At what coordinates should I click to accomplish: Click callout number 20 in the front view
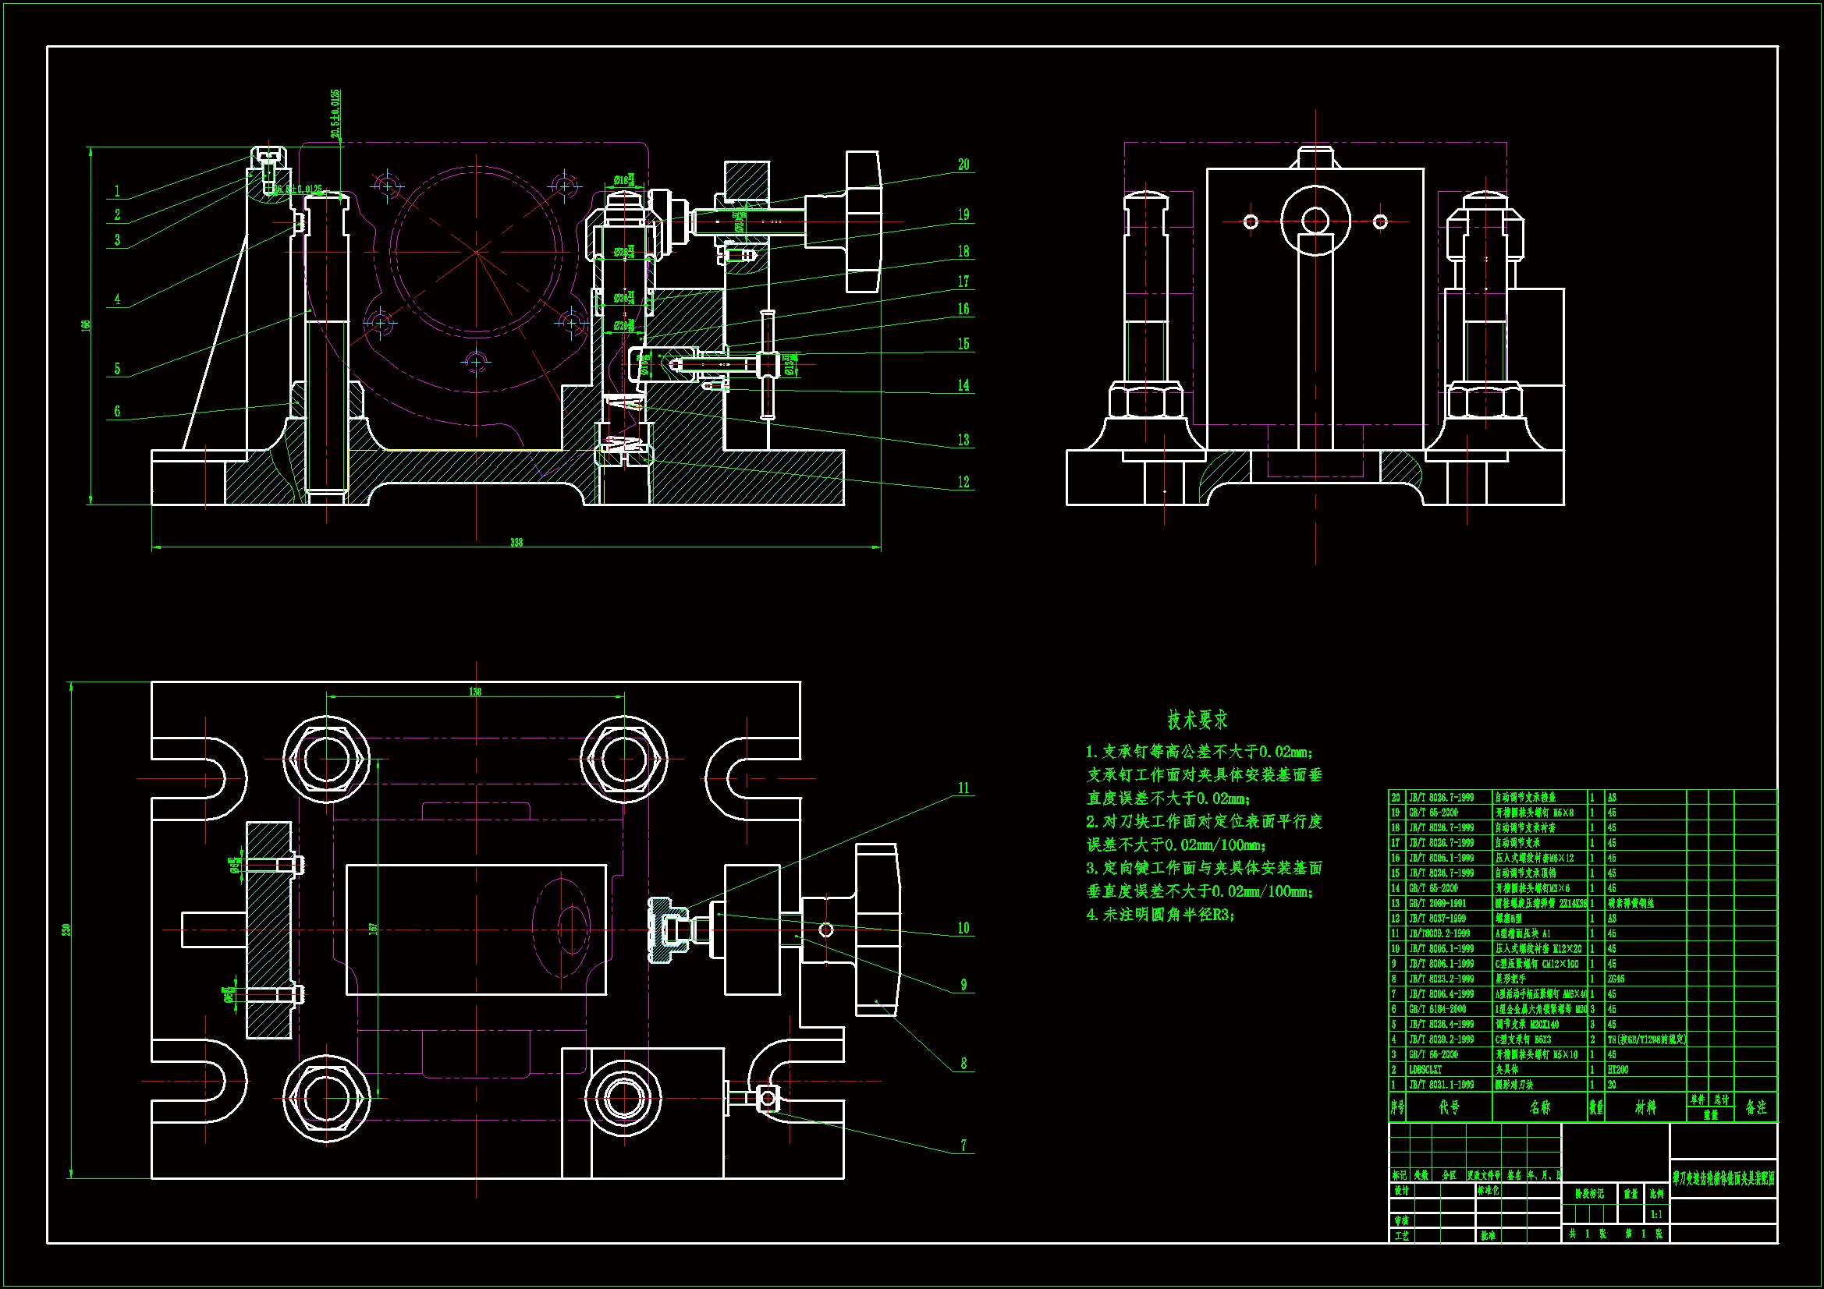963,165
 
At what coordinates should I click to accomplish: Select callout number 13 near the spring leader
963,440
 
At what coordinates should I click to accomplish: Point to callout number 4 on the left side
118,299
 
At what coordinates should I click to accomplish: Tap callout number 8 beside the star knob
963,1064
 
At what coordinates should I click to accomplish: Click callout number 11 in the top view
963,788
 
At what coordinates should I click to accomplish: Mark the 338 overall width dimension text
516,543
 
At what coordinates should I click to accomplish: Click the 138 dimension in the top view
475,692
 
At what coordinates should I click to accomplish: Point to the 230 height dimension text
67,930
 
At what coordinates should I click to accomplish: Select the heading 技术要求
1198,721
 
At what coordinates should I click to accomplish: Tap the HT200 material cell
1618,1070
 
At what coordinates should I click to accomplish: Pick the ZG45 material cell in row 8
1616,979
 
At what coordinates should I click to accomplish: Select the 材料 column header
1645,1107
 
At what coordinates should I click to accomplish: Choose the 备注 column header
1755,1107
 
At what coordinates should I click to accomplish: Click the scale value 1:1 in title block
1656,1214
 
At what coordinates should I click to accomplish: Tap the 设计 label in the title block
1400,1192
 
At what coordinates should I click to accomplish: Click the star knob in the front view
863,221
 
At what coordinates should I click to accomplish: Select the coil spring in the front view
623,421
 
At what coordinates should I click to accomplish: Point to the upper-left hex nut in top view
326,759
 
